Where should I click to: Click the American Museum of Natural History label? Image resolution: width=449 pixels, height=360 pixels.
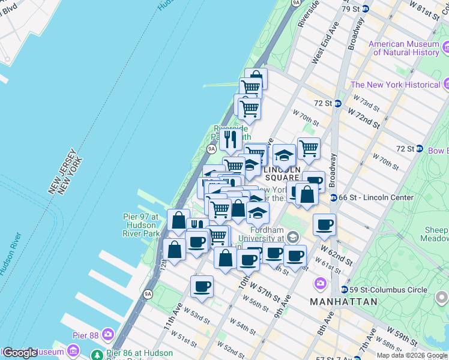(403, 48)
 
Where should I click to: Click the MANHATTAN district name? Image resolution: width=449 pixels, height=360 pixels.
(343, 301)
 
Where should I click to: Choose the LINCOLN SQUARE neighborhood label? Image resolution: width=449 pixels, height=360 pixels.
(282, 173)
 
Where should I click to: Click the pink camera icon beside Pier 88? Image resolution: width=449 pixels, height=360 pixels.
(108, 334)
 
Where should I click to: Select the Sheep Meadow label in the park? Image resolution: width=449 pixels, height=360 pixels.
(436, 234)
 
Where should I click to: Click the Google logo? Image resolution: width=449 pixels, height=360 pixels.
(20, 352)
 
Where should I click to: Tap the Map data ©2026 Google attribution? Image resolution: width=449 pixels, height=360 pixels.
(412, 355)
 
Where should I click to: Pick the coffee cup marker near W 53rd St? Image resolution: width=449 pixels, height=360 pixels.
(202, 285)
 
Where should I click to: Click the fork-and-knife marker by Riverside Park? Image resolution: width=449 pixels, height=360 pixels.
(231, 139)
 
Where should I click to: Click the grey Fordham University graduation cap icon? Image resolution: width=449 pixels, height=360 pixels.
(292, 237)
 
